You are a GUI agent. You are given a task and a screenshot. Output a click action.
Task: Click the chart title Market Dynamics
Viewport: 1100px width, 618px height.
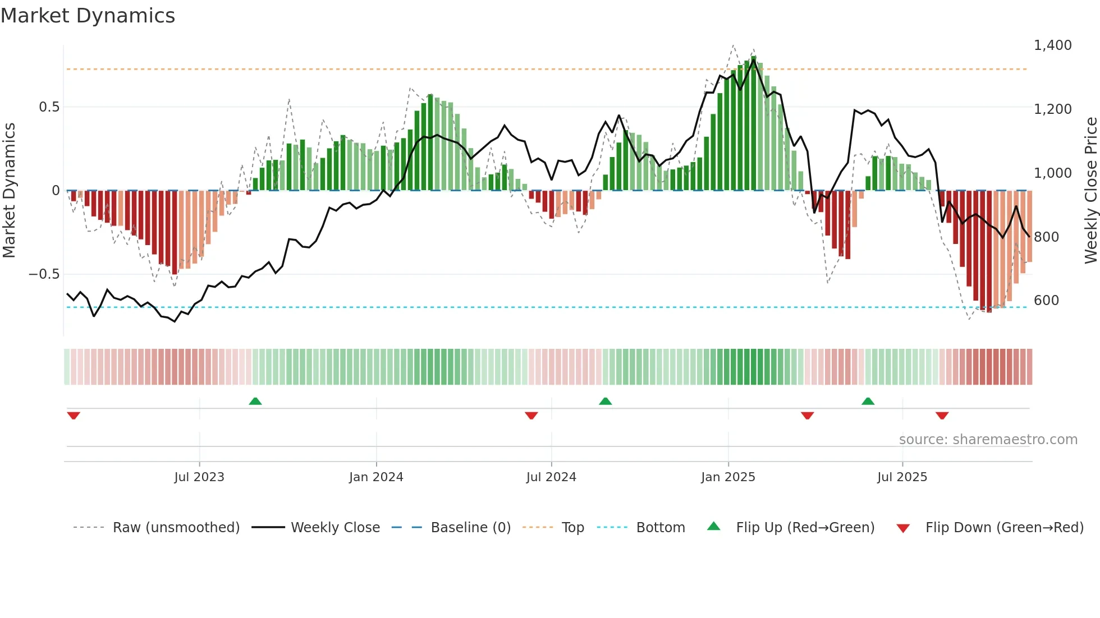(x=88, y=16)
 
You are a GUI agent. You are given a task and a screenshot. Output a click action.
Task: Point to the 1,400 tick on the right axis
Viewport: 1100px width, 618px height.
(x=1052, y=45)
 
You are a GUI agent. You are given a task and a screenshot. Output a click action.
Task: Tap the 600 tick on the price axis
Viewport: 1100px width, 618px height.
(x=1046, y=301)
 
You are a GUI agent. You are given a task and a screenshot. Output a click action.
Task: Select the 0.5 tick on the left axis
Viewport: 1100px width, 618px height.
(x=49, y=107)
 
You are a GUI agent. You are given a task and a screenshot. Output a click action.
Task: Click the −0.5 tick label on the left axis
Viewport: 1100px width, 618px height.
(x=44, y=274)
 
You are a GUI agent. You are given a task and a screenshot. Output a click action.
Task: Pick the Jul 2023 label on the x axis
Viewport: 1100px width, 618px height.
(x=199, y=477)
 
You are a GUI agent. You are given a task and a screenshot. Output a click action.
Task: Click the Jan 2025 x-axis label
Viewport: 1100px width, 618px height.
(x=728, y=477)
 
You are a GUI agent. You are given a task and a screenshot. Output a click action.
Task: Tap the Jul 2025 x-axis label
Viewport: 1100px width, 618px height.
(x=902, y=477)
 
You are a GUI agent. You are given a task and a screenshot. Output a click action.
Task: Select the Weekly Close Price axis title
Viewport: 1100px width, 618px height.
(x=1090, y=191)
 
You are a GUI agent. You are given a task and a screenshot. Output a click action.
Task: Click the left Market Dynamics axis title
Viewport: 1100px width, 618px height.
(x=10, y=191)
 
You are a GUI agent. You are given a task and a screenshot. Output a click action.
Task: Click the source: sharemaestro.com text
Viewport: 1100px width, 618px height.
(x=988, y=440)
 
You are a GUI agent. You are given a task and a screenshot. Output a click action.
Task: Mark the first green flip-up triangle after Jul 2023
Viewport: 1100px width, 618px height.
(x=255, y=401)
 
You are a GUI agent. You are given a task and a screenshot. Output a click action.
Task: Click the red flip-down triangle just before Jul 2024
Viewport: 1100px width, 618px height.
(x=531, y=416)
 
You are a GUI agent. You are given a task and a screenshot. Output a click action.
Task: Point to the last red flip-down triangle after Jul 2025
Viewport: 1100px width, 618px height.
(x=942, y=416)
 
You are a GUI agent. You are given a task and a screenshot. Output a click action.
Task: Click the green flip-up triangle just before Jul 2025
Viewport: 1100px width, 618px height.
(x=868, y=401)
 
